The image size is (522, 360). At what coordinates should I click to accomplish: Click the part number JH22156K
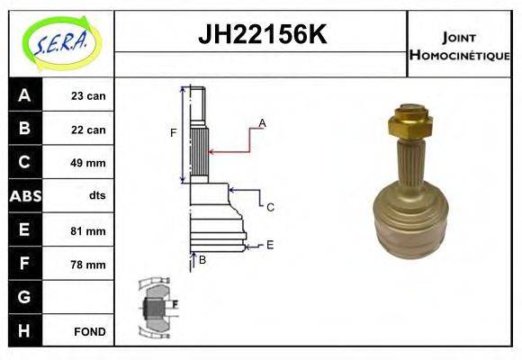261,35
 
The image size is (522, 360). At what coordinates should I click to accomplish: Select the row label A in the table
25,95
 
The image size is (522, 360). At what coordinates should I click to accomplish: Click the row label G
25,298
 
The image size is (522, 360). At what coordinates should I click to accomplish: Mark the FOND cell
89,331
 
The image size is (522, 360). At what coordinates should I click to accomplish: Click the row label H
25,331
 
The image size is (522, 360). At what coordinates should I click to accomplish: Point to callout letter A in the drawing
262,122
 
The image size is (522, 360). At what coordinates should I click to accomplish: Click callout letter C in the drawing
269,207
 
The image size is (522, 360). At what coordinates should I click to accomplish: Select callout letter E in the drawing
269,244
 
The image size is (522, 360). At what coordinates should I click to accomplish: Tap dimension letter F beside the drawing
174,133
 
